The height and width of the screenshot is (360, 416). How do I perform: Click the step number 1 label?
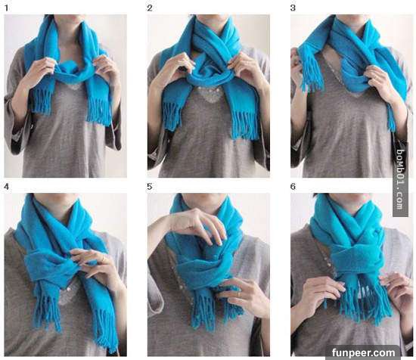(x=7, y=8)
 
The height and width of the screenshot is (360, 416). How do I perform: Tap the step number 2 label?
(x=150, y=8)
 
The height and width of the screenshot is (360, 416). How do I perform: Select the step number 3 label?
(x=293, y=8)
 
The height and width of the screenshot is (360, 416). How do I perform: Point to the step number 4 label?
(x=7, y=187)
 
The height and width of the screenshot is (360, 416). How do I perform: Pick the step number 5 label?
(x=150, y=187)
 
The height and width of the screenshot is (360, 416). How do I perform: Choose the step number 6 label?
(x=293, y=187)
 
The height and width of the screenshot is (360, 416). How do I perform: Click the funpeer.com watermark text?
(x=363, y=353)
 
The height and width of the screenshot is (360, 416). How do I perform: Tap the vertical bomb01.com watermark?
(x=400, y=179)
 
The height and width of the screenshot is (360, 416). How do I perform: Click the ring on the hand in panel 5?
(x=239, y=293)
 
